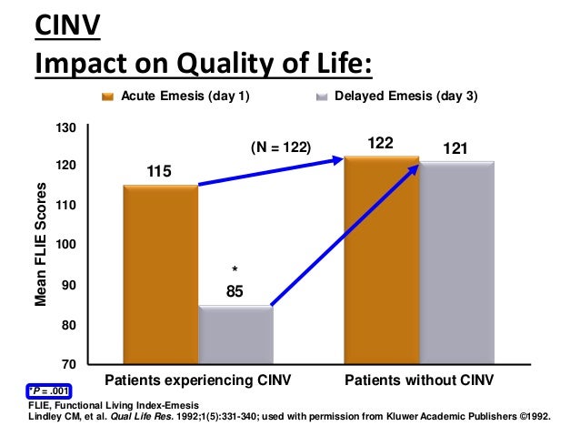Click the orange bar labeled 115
point(160,273)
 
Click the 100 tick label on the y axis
point(66,246)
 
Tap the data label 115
point(159,172)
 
